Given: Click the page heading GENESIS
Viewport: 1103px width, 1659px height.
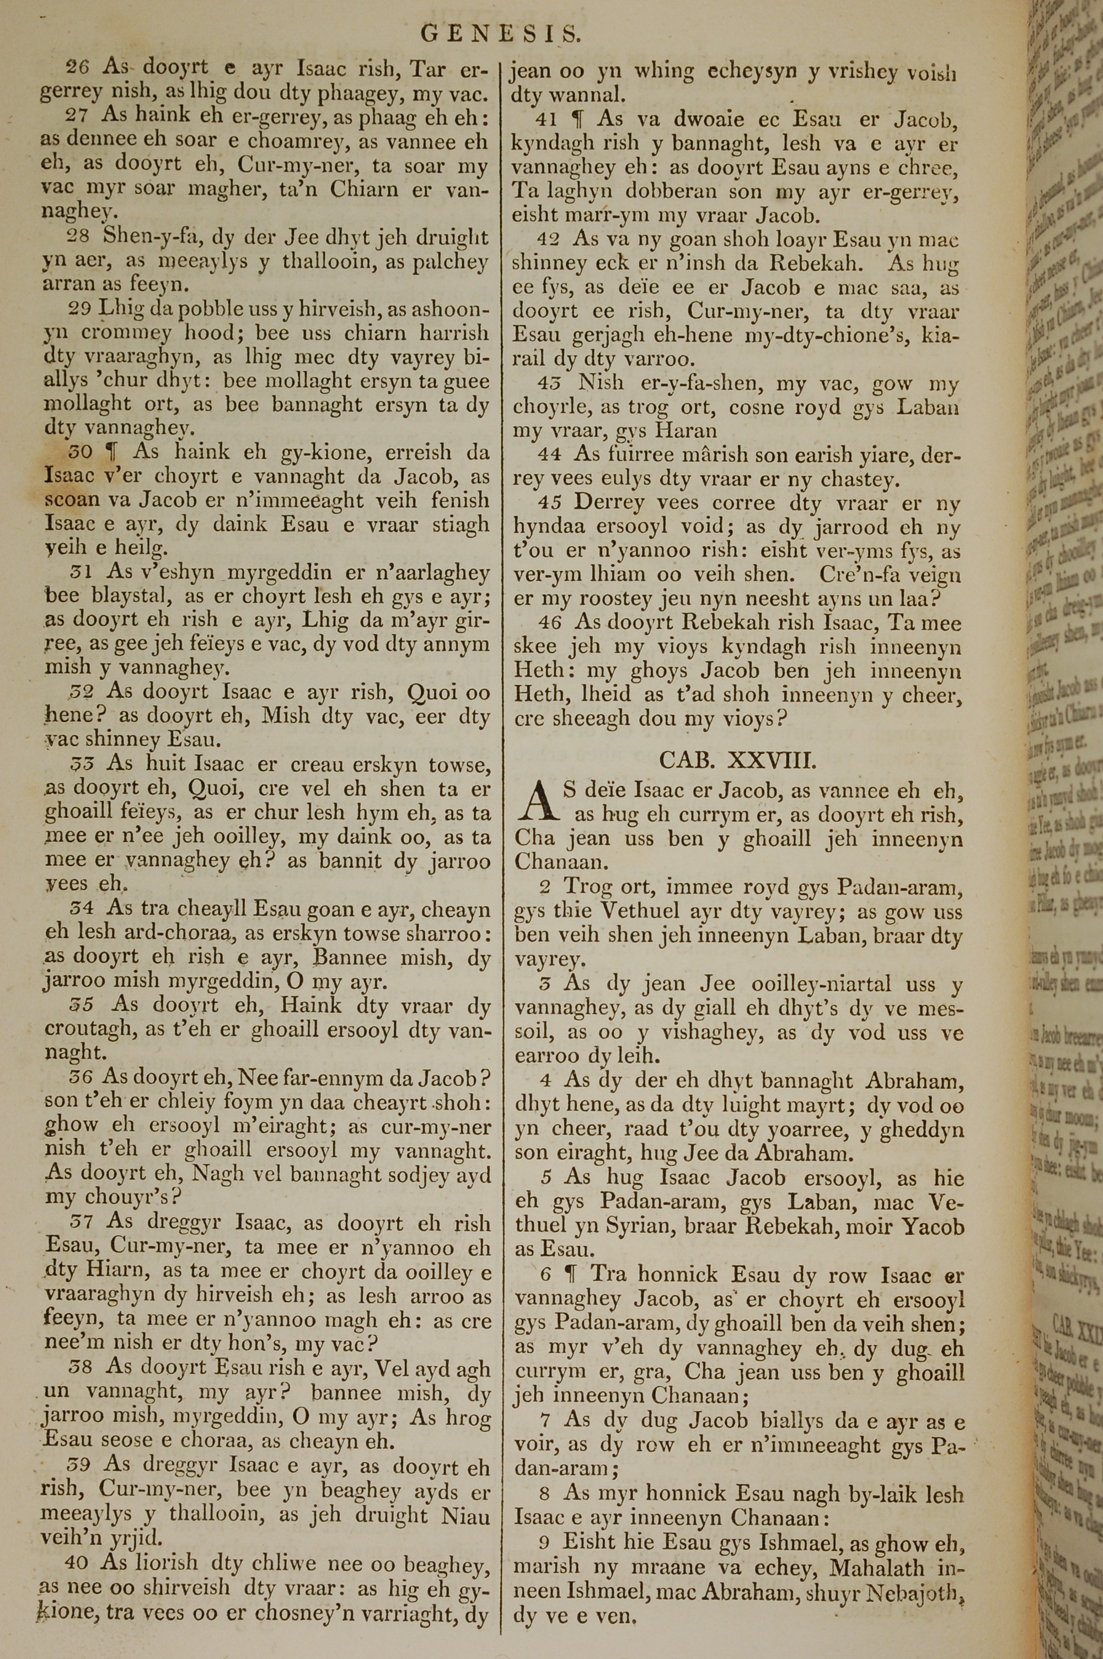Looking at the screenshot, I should tap(501, 33).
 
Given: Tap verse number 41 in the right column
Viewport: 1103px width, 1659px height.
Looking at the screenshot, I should tap(547, 120).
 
